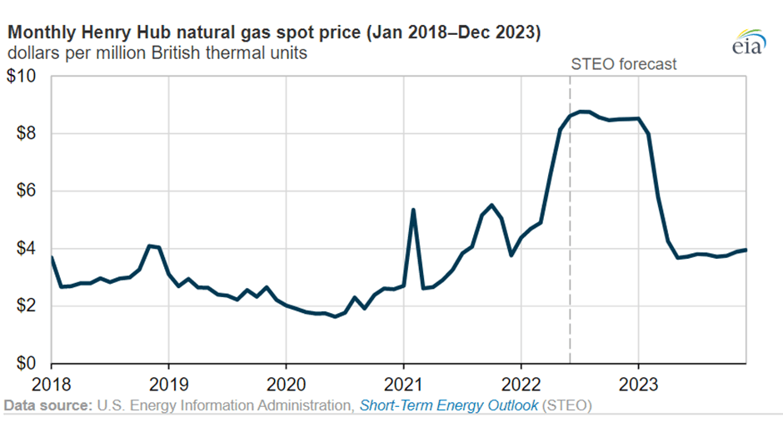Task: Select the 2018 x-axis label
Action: [x=52, y=385]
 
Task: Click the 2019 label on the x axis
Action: [x=168, y=385]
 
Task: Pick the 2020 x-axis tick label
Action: [x=286, y=385]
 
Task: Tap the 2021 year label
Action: [x=403, y=385]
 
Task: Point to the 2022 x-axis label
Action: [x=521, y=385]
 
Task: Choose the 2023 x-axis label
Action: [x=638, y=385]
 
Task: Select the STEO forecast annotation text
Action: [x=624, y=64]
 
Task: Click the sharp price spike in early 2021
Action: [x=413, y=210]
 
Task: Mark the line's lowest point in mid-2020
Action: [x=335, y=316]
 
